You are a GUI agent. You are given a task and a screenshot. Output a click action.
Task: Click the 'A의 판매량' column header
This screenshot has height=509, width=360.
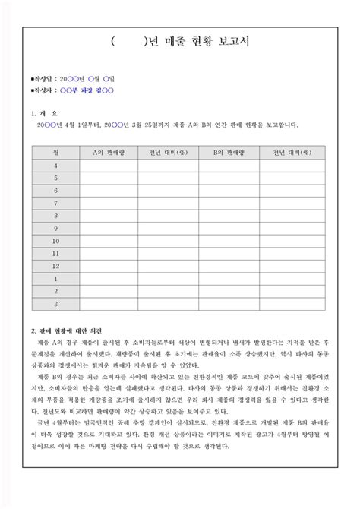(109, 152)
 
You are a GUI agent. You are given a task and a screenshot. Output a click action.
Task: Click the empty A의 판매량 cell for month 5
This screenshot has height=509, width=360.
(109, 178)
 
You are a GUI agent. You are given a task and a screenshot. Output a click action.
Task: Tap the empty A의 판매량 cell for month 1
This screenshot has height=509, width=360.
(109, 279)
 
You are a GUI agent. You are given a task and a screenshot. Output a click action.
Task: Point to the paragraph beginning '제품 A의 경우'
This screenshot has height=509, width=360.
(180, 356)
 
